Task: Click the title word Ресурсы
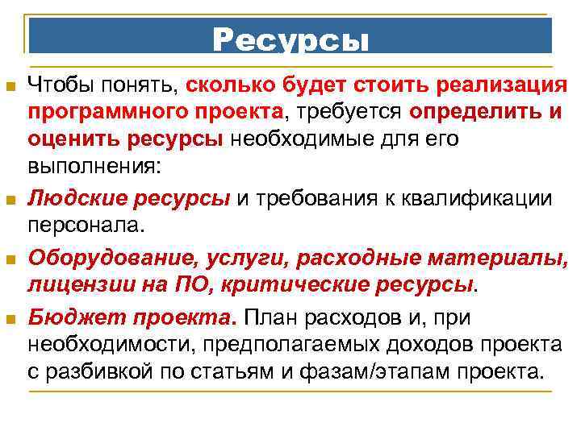click(x=290, y=40)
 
